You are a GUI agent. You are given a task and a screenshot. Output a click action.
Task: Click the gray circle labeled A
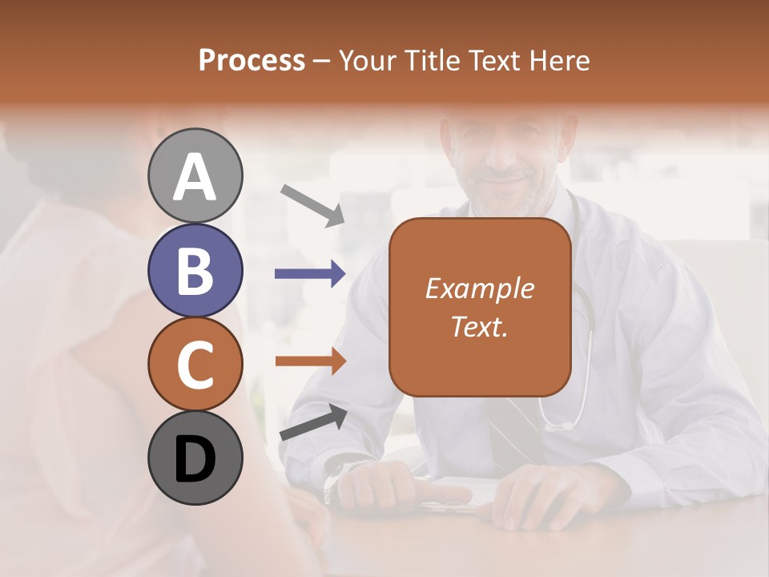click(195, 176)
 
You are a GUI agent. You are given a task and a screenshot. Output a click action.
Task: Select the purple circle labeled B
click(195, 270)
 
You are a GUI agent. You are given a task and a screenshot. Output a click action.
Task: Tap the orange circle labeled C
click(195, 364)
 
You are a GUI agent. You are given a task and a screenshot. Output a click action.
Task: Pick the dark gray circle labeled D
click(195, 458)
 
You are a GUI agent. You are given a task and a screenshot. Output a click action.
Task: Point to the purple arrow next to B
click(310, 274)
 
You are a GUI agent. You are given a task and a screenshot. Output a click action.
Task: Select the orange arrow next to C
click(310, 361)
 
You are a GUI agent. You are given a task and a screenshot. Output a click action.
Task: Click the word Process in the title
click(252, 61)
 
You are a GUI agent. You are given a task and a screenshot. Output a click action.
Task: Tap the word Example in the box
click(480, 288)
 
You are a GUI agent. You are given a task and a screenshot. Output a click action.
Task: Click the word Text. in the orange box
click(480, 326)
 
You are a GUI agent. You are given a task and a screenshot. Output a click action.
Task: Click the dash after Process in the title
click(321, 61)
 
